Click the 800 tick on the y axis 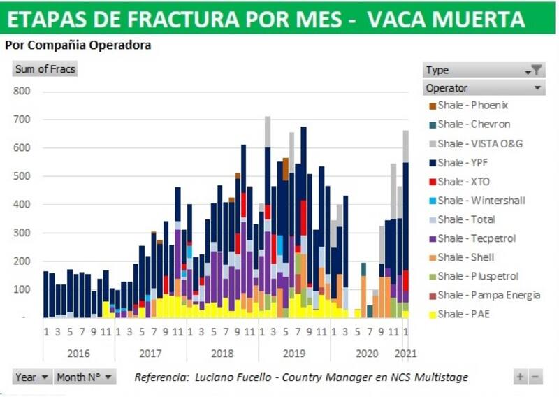point(22,91)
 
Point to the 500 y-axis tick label point(22,176)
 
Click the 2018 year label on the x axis point(222,354)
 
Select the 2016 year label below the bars point(78,354)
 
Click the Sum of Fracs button point(45,69)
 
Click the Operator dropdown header point(484,88)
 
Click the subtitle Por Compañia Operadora point(78,45)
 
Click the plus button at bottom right point(520,377)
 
